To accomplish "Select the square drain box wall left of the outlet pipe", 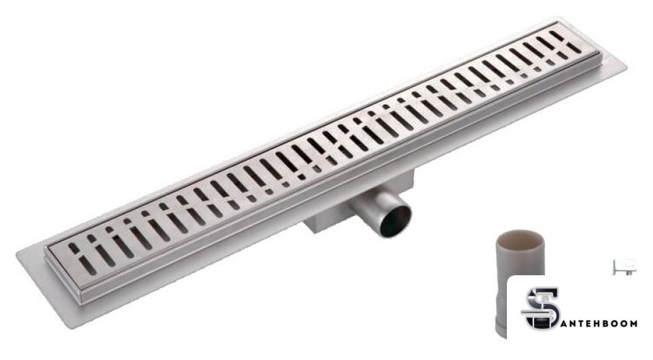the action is pyautogui.click(x=326, y=218).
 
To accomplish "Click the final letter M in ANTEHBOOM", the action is pyautogui.click(x=632, y=323).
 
